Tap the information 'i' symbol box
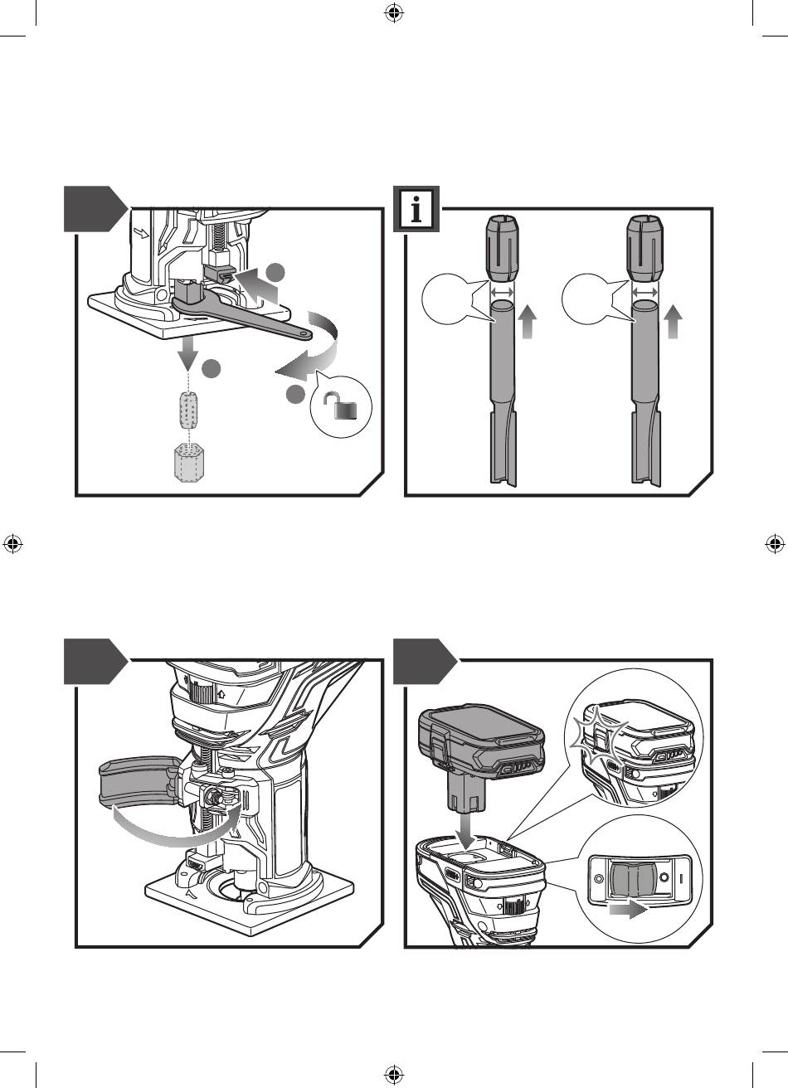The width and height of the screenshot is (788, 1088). [416, 209]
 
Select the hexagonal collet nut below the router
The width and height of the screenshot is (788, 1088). [187, 463]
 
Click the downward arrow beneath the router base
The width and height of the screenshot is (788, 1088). [188, 354]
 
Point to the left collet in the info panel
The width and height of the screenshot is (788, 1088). [501, 248]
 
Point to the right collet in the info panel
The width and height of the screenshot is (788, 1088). [645, 248]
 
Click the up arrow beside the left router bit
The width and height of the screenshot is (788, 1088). [528, 321]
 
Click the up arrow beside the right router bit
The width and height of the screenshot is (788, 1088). [673, 321]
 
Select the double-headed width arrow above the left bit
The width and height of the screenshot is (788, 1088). [501, 292]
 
